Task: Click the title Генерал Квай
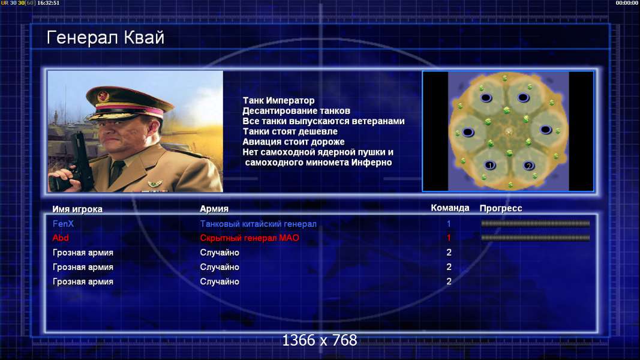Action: pyautogui.click(x=106, y=38)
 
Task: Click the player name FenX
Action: pyautogui.click(x=63, y=224)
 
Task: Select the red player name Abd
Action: pyautogui.click(x=61, y=238)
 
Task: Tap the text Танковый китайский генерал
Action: pyautogui.click(x=258, y=224)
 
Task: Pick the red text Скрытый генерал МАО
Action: pyautogui.click(x=250, y=238)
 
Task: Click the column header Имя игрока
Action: pyautogui.click(x=77, y=209)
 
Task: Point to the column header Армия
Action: pyautogui.click(x=214, y=209)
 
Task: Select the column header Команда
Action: pyautogui.click(x=450, y=208)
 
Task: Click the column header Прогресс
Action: pyautogui.click(x=501, y=209)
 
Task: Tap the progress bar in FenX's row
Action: pyautogui.click(x=535, y=224)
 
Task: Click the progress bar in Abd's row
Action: pyautogui.click(x=535, y=238)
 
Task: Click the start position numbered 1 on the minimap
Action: pyautogui.click(x=490, y=166)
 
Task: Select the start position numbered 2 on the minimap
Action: pyautogui.click(x=528, y=166)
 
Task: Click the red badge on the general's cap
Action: pyautogui.click(x=103, y=97)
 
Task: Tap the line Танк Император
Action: pyautogui.click(x=278, y=100)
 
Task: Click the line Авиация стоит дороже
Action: pyautogui.click(x=293, y=142)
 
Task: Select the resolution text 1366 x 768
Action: pyautogui.click(x=320, y=340)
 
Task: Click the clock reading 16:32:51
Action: pyautogui.click(x=48, y=3)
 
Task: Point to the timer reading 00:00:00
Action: pyautogui.click(x=627, y=3)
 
